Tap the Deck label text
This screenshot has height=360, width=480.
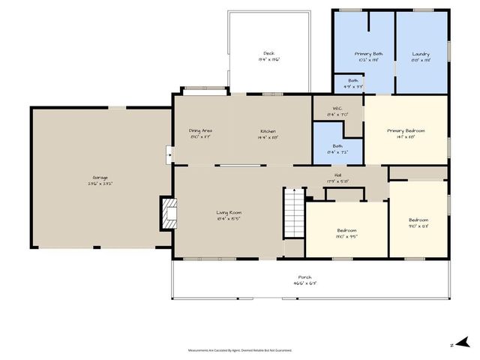tap(268, 54)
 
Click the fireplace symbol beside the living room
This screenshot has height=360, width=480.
tap(169, 213)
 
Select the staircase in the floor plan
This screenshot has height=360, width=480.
tap(293, 213)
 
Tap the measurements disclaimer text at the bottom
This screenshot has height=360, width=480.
tap(239, 349)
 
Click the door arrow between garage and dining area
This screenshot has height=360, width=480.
tap(169, 156)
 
